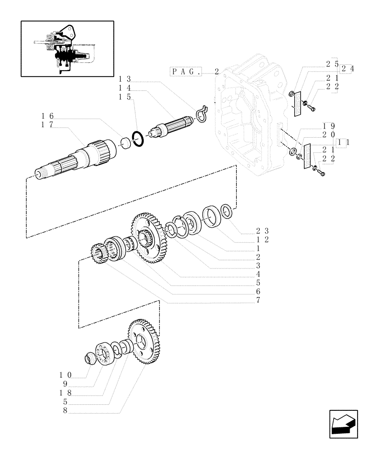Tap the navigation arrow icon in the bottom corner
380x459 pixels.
pyautogui.click(x=343, y=425)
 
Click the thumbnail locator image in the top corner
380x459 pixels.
pyautogui.click(x=67, y=48)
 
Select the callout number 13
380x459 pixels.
pyautogui.click(x=125, y=78)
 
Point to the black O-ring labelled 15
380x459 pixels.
pyautogui.click(x=139, y=138)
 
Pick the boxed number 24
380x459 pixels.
pyautogui.click(x=347, y=69)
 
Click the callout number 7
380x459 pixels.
pyautogui.click(x=258, y=301)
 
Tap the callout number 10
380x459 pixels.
pyautogui.click(x=67, y=375)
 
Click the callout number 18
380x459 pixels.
pyautogui.click(x=67, y=393)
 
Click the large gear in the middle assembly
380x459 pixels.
pyautogui.click(x=149, y=237)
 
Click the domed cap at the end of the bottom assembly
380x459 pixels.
pyautogui.click(x=91, y=357)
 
